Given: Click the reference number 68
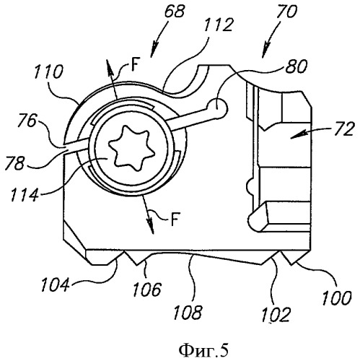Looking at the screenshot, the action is pyautogui.click(x=175, y=12).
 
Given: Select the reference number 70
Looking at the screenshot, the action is pyautogui.click(x=286, y=12).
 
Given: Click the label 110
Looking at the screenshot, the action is pyautogui.click(x=48, y=71).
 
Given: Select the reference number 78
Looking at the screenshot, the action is pyautogui.click(x=14, y=163).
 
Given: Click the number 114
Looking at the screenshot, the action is pyautogui.click(x=25, y=194).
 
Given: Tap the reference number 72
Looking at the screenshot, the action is pyautogui.click(x=344, y=129).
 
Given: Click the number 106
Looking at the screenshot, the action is pyautogui.click(x=146, y=289).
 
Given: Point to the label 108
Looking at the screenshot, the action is pyautogui.click(x=188, y=313).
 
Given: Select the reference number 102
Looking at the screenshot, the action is pyautogui.click(x=276, y=314).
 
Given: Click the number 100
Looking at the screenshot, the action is pyautogui.click(x=337, y=297).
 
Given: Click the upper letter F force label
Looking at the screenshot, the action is pyautogui.click(x=136, y=64).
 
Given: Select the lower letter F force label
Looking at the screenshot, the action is pyautogui.click(x=175, y=219).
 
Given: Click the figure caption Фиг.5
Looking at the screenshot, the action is pyautogui.click(x=203, y=350).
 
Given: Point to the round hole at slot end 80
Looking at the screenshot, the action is pyautogui.click(x=217, y=108).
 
